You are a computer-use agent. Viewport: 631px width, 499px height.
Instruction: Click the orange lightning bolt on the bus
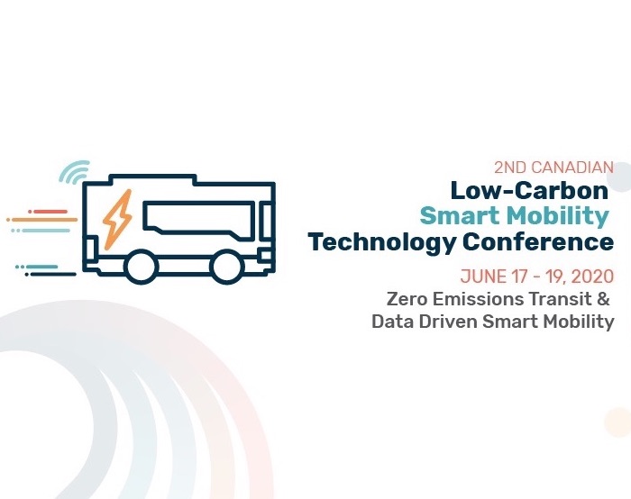click(x=117, y=220)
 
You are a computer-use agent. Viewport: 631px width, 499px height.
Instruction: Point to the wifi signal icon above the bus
click(x=75, y=172)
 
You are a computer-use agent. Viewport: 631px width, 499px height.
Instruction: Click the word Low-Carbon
click(x=529, y=190)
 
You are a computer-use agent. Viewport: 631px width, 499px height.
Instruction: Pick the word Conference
click(x=538, y=241)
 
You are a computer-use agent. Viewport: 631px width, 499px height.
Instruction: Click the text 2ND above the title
click(x=509, y=168)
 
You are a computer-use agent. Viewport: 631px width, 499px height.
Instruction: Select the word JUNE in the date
click(x=484, y=277)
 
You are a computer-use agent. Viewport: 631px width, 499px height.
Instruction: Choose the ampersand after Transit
click(x=604, y=299)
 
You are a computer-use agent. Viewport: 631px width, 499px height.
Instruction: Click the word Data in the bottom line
click(x=392, y=322)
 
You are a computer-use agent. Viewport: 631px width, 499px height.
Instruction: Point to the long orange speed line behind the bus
click(x=41, y=220)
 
